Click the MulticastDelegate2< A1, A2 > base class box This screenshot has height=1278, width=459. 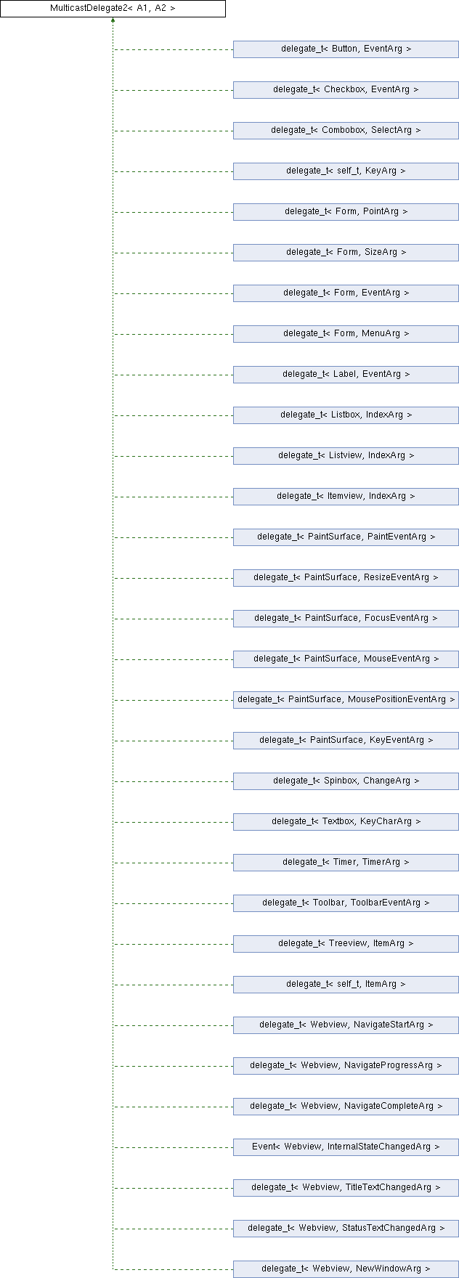113,9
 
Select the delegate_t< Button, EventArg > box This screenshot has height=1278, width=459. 346,49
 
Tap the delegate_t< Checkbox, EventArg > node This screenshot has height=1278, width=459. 346,90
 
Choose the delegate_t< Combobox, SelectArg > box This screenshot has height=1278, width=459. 346,131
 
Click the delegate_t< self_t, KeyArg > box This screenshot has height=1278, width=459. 346,171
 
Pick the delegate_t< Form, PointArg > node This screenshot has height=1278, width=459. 346,212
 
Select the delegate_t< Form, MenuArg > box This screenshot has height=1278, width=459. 346,334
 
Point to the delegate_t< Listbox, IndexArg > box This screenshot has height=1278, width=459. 346,415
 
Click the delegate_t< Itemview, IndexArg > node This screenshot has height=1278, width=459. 346,497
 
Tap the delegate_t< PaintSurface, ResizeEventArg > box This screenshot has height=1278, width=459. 346,578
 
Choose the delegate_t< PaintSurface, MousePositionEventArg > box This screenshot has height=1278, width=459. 346,700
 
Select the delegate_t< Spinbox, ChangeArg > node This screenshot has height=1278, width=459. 346,781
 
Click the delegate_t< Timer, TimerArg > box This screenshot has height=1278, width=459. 346,863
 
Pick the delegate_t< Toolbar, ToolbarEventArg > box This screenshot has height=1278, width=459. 346,903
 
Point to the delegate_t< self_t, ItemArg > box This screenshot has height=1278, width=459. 346,985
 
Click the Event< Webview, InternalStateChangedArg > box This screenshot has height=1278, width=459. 346,1147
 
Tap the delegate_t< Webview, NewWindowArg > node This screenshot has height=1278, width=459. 346,1269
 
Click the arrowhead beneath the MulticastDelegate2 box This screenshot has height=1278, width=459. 113,20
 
